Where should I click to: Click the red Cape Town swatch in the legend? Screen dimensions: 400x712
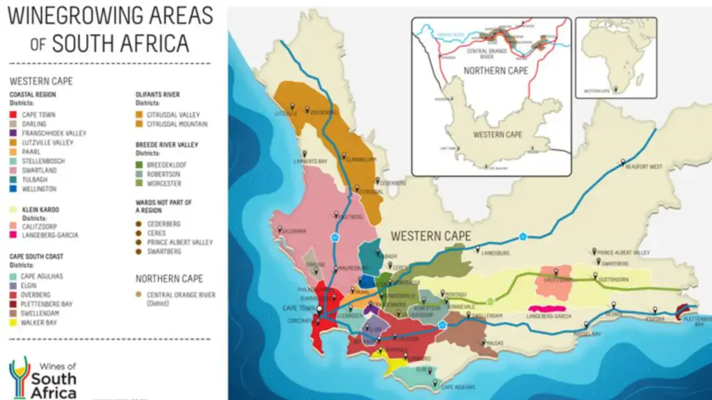tap(13, 115)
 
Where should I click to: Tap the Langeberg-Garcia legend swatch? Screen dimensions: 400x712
tap(13, 235)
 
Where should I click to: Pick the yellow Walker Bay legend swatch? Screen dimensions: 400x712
tap(13, 323)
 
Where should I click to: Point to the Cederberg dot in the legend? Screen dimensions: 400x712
tap(139, 224)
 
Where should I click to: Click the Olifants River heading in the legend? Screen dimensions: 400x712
tap(157, 94)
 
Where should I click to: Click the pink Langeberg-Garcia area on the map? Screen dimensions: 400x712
tap(546, 308)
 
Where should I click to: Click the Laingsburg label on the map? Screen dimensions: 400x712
tap(496, 253)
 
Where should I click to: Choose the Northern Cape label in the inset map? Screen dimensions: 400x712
tap(496, 71)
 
